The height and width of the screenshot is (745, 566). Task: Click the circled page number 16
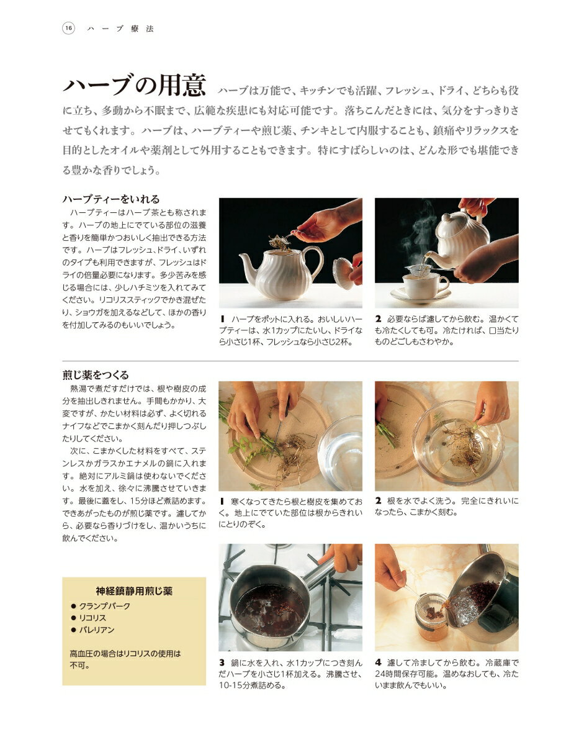pos(68,28)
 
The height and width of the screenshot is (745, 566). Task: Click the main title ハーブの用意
pos(134,85)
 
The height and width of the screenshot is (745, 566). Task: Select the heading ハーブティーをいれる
pos(110,199)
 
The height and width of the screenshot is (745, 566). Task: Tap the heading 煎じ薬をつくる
pos(96,375)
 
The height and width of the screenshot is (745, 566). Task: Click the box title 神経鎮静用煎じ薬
pos(134,591)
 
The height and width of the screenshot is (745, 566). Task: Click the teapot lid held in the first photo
pos(343,273)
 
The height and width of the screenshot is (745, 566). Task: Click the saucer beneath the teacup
pos(421,296)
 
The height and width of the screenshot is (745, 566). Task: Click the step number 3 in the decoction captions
pos(222,662)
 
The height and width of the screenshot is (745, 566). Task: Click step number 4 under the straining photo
pos(378,662)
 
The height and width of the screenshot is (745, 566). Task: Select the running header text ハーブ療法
pos(120,29)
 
